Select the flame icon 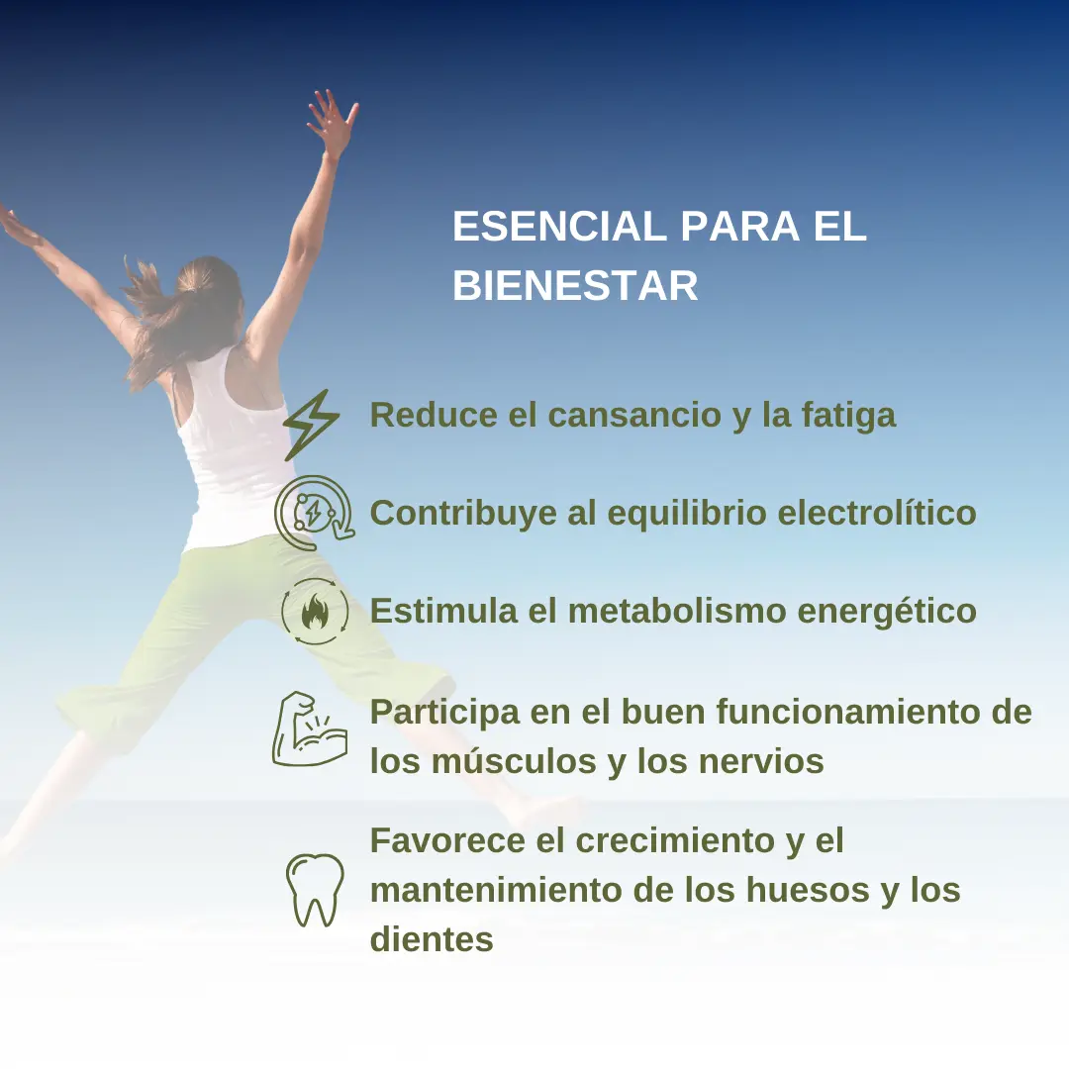click(x=315, y=613)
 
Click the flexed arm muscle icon click(x=310, y=729)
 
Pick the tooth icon click(x=315, y=889)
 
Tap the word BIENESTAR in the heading click(x=575, y=285)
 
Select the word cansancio click(x=634, y=415)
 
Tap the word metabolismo click(x=677, y=611)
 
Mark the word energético click(x=887, y=612)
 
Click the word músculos click(x=514, y=761)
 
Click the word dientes click(x=432, y=939)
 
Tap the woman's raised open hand click(x=332, y=122)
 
